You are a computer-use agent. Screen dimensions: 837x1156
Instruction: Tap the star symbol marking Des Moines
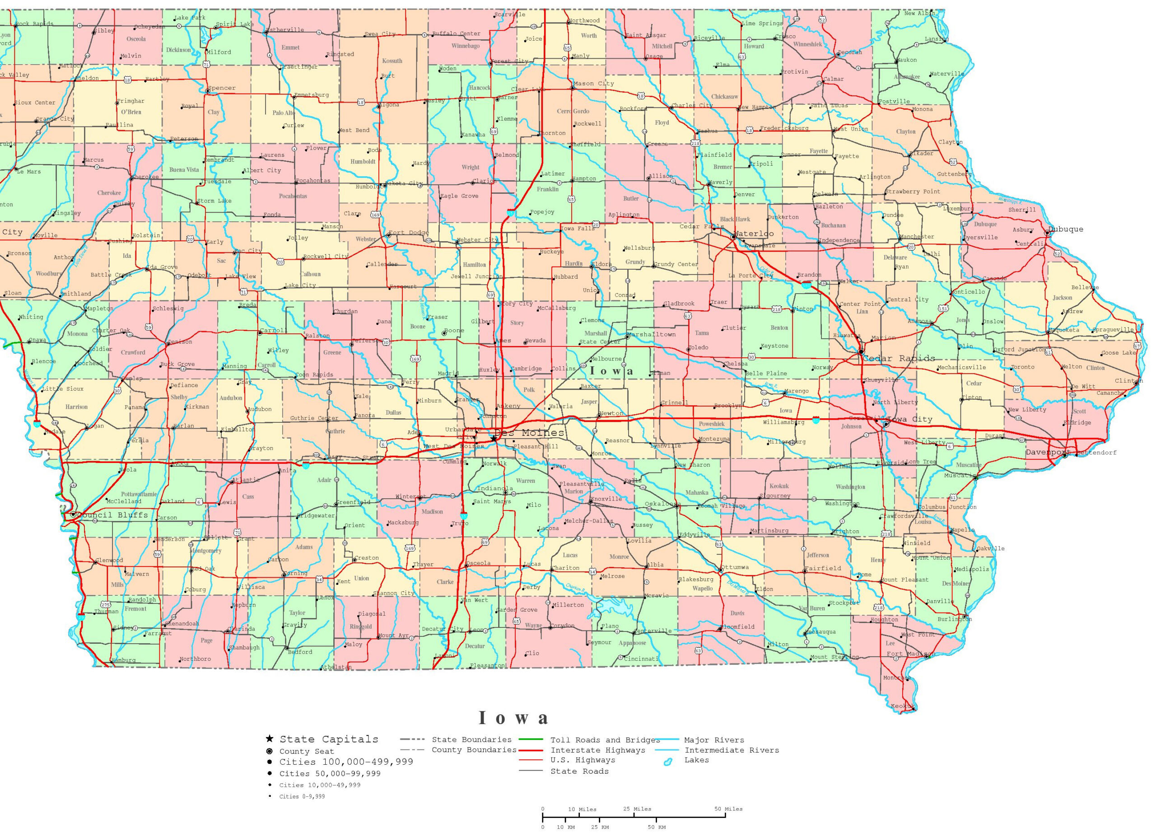(494, 438)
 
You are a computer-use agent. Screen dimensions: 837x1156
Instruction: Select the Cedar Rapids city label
(899, 358)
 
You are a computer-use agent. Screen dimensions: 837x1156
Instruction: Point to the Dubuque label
(1066, 229)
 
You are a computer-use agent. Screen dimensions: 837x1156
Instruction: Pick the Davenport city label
(1046, 453)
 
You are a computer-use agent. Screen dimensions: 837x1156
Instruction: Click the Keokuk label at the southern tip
(903, 706)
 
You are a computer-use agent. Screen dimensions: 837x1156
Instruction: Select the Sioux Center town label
(35, 103)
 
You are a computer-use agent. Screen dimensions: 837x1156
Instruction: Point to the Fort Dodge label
(408, 233)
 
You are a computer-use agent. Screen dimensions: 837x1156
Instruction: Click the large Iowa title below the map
(514, 718)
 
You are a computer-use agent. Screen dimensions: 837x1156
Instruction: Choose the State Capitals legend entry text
(329, 739)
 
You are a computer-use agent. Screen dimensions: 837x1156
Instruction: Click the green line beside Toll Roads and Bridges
(531, 739)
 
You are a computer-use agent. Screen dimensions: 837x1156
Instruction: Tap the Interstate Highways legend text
(597, 750)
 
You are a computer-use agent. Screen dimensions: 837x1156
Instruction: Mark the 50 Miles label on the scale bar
(728, 809)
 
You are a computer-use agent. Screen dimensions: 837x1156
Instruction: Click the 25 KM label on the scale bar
(600, 828)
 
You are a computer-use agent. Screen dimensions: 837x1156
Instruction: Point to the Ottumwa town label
(736, 567)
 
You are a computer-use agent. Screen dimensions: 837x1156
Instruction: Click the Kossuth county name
(392, 61)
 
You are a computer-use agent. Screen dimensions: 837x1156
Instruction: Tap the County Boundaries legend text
(474, 750)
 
